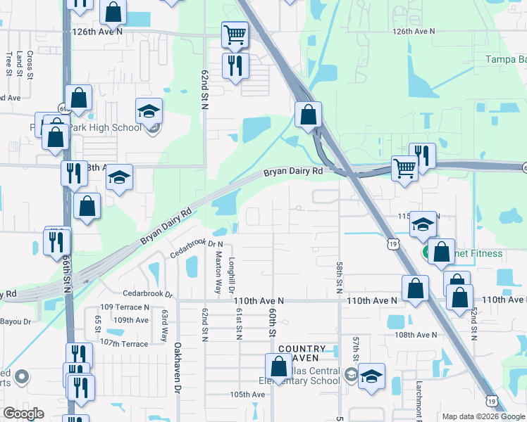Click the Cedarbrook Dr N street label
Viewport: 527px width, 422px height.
(197, 243)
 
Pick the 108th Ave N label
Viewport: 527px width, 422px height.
(416, 335)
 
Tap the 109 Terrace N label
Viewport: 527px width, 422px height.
(125, 307)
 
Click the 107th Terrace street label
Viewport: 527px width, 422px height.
(125, 343)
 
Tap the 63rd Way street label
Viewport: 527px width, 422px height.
(166, 322)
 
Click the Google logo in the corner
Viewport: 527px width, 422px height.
(23, 414)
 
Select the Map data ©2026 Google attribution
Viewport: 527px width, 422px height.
(483, 416)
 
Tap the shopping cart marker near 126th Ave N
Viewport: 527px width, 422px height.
(235, 33)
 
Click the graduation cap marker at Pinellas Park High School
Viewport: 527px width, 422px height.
(149, 112)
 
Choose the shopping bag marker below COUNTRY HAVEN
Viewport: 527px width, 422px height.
(279, 366)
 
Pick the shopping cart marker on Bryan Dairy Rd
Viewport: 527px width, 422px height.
(404, 168)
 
